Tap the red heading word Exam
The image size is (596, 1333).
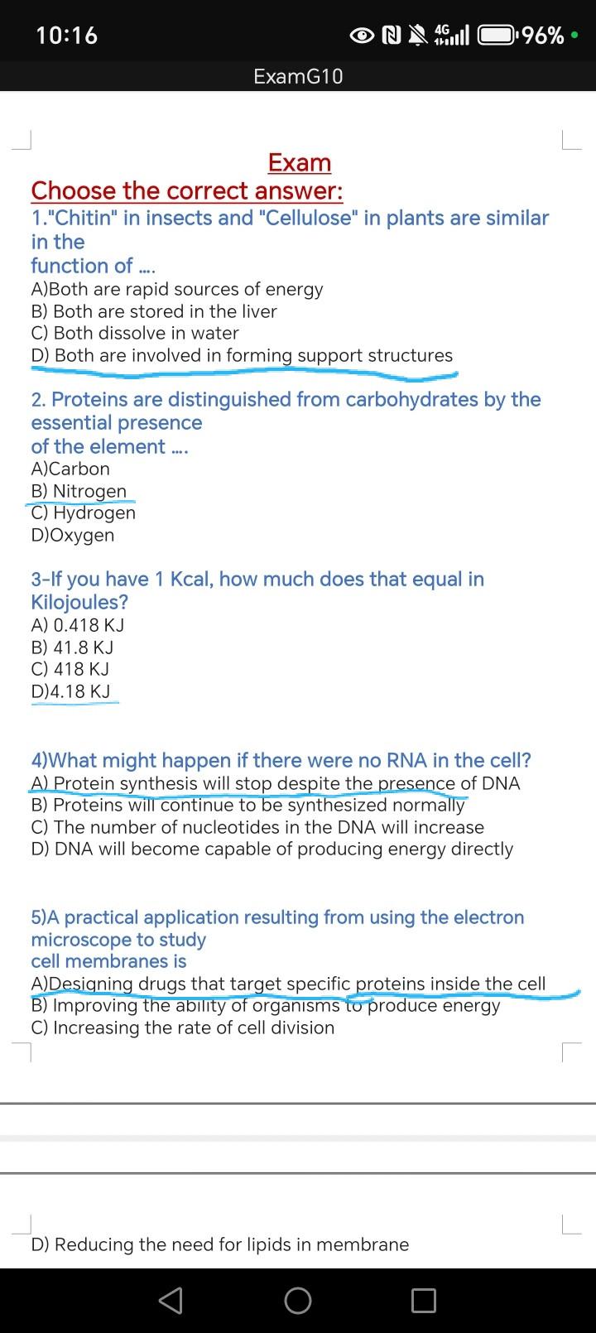tap(300, 163)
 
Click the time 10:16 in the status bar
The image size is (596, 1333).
tap(67, 36)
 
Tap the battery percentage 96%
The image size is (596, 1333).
tap(544, 36)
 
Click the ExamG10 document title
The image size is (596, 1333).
tap(298, 77)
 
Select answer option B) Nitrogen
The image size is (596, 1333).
tap(79, 491)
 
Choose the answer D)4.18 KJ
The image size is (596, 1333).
tap(70, 691)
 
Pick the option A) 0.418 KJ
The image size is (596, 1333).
tap(78, 625)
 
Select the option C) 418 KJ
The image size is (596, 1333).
tap(70, 669)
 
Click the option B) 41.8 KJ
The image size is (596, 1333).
tap(72, 647)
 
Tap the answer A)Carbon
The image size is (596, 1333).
tap(70, 469)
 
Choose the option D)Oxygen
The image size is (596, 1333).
tap(73, 535)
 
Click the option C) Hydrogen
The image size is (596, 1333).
tap(84, 513)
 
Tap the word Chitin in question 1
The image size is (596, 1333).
tap(87, 218)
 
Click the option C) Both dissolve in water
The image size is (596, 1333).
tap(135, 333)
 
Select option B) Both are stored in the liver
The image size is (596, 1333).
tap(154, 311)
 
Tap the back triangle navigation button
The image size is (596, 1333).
tap(171, 1301)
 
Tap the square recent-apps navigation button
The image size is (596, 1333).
tap(424, 1301)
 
